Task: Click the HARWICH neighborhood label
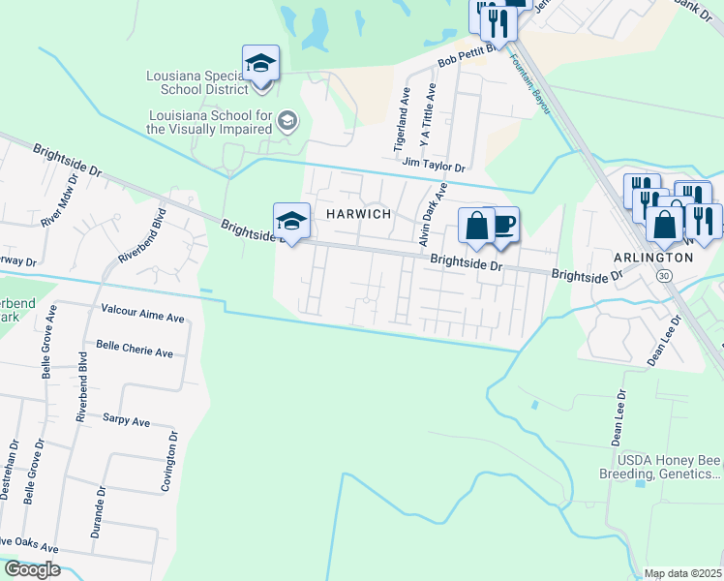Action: [357, 213]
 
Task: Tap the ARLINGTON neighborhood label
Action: [653, 258]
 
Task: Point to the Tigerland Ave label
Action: [403, 123]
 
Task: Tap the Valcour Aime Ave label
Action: [142, 317]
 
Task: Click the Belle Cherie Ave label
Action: [135, 350]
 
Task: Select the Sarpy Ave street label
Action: [126, 421]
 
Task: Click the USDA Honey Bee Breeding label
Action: [667, 468]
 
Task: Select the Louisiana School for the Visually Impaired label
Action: [209, 121]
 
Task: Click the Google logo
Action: [31, 569]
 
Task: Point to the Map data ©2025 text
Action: [682, 573]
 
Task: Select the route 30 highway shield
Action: [663, 276]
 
